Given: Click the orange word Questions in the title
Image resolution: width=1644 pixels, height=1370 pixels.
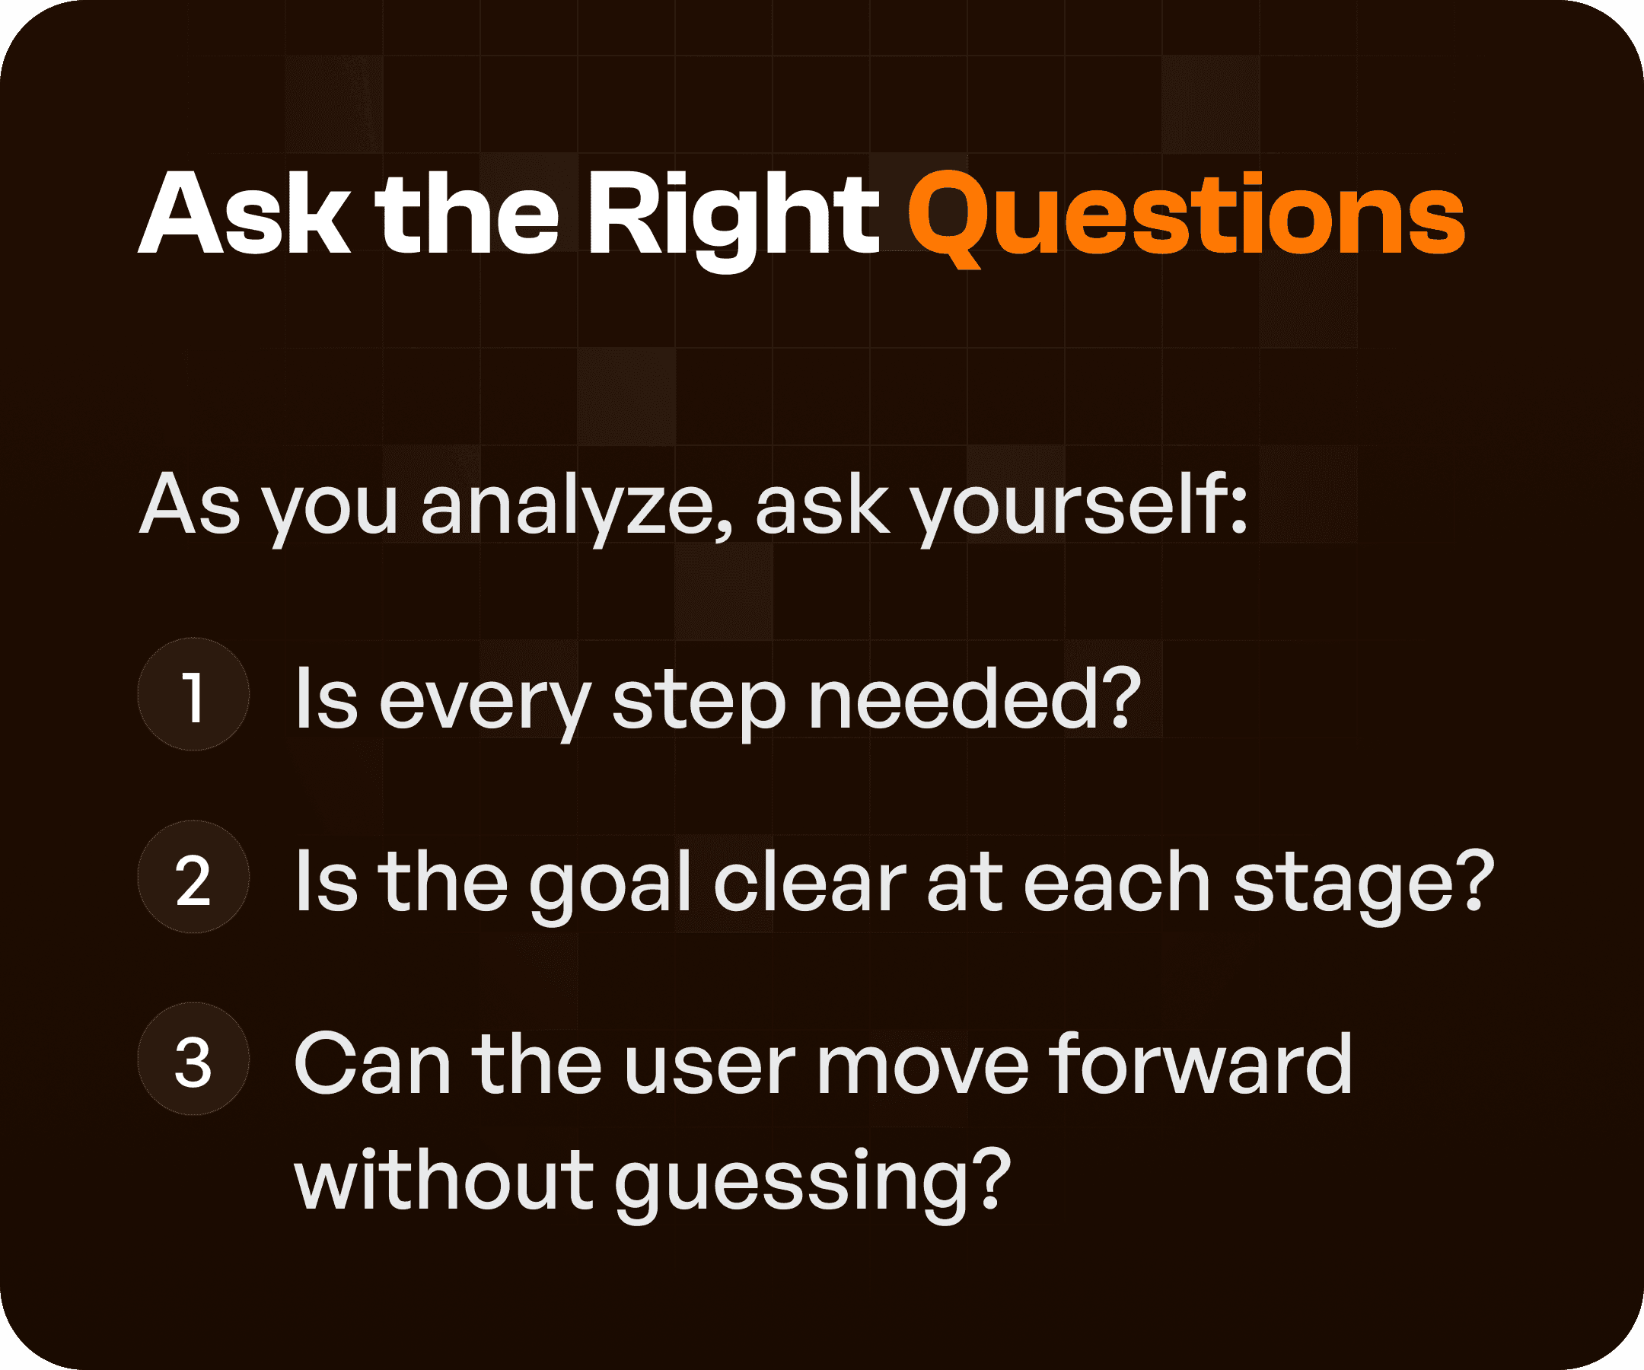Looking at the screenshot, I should pyautogui.click(x=1185, y=215).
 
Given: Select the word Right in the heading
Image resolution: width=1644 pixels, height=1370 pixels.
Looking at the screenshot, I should pyautogui.click(x=734, y=215).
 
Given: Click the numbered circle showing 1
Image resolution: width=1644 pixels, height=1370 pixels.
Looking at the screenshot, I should pyautogui.click(x=193, y=694).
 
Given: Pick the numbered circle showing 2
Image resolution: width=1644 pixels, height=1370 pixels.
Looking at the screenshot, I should pyautogui.click(x=193, y=878).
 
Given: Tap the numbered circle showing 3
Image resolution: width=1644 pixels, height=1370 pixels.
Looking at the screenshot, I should pyautogui.click(x=193, y=1059).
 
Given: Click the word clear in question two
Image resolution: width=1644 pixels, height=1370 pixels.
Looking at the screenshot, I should pyautogui.click(x=810, y=882).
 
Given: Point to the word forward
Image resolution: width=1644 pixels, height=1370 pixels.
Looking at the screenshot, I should pyautogui.click(x=1201, y=1065).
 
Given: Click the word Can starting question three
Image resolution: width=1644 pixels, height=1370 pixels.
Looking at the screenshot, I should pyautogui.click(x=372, y=1065).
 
